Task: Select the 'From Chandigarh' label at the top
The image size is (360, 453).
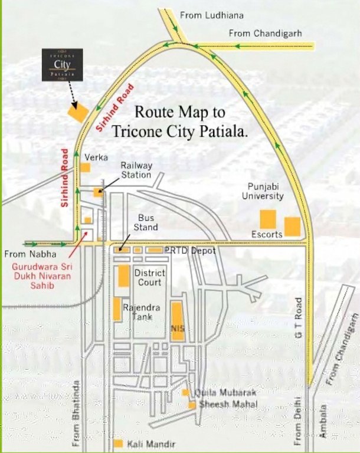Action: (265, 33)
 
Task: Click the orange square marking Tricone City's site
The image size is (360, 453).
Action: (77, 112)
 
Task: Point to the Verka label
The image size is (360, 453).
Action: (96, 157)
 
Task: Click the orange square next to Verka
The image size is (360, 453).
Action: (86, 168)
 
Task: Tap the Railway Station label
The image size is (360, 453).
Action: (136, 170)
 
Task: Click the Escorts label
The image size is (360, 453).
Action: (267, 234)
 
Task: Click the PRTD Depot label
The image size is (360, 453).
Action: (190, 251)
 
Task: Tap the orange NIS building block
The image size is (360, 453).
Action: (177, 321)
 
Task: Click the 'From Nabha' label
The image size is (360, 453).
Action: (30, 254)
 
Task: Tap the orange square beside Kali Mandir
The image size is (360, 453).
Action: (119, 443)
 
